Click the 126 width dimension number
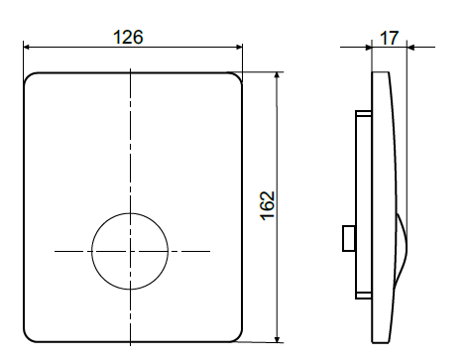pyautogui.click(x=128, y=37)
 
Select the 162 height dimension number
pyautogui.click(x=268, y=205)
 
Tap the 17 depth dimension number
pyautogui.click(x=389, y=38)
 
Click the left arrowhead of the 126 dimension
pyautogui.click(x=27, y=48)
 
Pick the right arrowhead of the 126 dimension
pyautogui.click(x=239, y=48)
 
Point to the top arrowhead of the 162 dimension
pyautogui.click(x=277, y=75)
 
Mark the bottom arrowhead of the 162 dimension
pyautogui.click(x=278, y=339)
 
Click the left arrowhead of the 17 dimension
pyautogui.click(x=369, y=48)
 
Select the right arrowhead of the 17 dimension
pyautogui.click(x=410, y=48)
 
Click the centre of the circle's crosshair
pyautogui.click(x=130, y=251)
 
